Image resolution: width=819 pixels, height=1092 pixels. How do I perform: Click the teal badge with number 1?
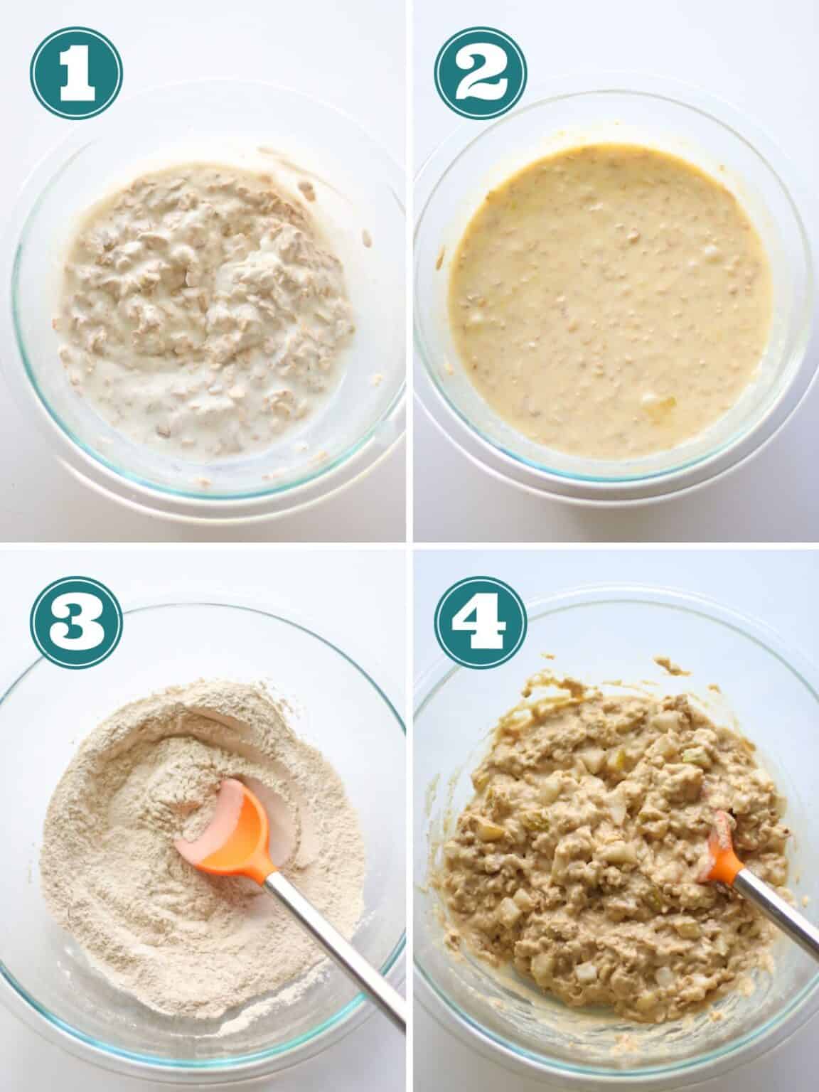[77, 73]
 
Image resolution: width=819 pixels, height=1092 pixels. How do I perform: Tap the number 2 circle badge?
[481, 73]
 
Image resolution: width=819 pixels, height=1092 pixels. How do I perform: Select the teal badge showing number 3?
[77, 623]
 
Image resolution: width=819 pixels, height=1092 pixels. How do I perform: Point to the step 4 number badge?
[481, 623]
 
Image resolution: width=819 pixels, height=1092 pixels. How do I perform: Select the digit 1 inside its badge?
[77, 74]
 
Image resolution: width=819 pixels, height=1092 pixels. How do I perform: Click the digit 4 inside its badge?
[481, 623]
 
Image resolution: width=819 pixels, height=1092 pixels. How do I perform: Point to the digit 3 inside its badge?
[77, 623]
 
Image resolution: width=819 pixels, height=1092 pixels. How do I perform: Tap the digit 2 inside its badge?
[481, 74]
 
